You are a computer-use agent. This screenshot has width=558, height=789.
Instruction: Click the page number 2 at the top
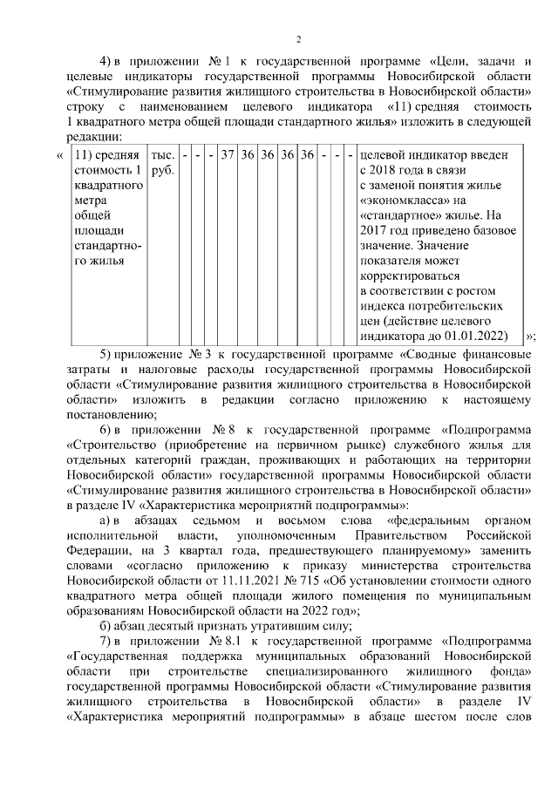(297, 39)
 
